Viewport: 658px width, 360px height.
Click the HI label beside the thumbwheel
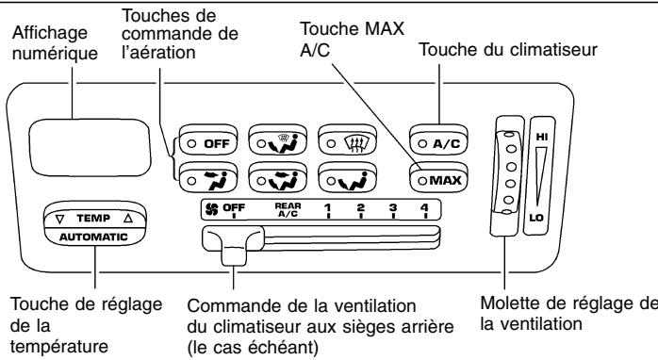541,136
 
